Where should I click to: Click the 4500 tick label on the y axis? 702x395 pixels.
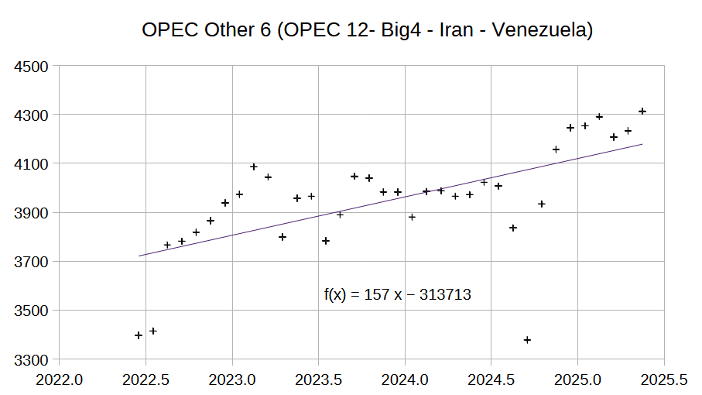(33, 66)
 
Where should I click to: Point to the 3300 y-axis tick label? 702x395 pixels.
(33, 360)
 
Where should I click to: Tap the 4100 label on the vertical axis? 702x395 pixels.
(33, 164)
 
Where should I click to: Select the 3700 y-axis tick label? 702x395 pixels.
(33, 262)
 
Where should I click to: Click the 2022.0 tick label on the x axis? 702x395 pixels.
(60, 380)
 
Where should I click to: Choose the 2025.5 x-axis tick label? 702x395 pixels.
(663, 380)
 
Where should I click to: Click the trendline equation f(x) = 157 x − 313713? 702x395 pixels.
(398, 294)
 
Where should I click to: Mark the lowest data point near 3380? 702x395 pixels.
(527, 340)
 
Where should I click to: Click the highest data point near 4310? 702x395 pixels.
(642, 112)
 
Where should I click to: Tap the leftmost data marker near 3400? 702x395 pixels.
(139, 335)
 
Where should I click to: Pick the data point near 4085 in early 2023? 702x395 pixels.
(254, 167)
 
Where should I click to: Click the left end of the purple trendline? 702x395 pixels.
(139, 256)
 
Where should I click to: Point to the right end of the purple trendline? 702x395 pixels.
(642, 144)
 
